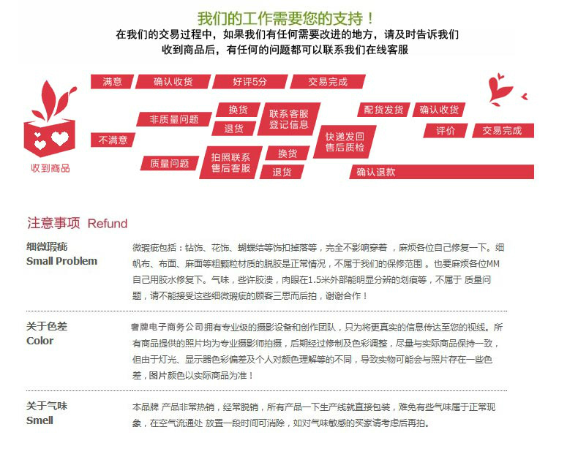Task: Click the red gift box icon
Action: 50,132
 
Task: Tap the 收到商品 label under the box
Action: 50,168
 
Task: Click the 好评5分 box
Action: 250,82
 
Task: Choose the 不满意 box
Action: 113,140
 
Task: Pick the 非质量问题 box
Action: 173,119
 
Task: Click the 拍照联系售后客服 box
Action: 230,162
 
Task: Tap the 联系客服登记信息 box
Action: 288,119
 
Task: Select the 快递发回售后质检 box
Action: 345,142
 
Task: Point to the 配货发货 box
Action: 383,110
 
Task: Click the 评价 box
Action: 446,130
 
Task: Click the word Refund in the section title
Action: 108,224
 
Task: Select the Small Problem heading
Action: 61,261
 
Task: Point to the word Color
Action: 40,341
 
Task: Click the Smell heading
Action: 40,420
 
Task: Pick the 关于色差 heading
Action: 47,326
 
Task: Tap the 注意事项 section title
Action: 53,223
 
